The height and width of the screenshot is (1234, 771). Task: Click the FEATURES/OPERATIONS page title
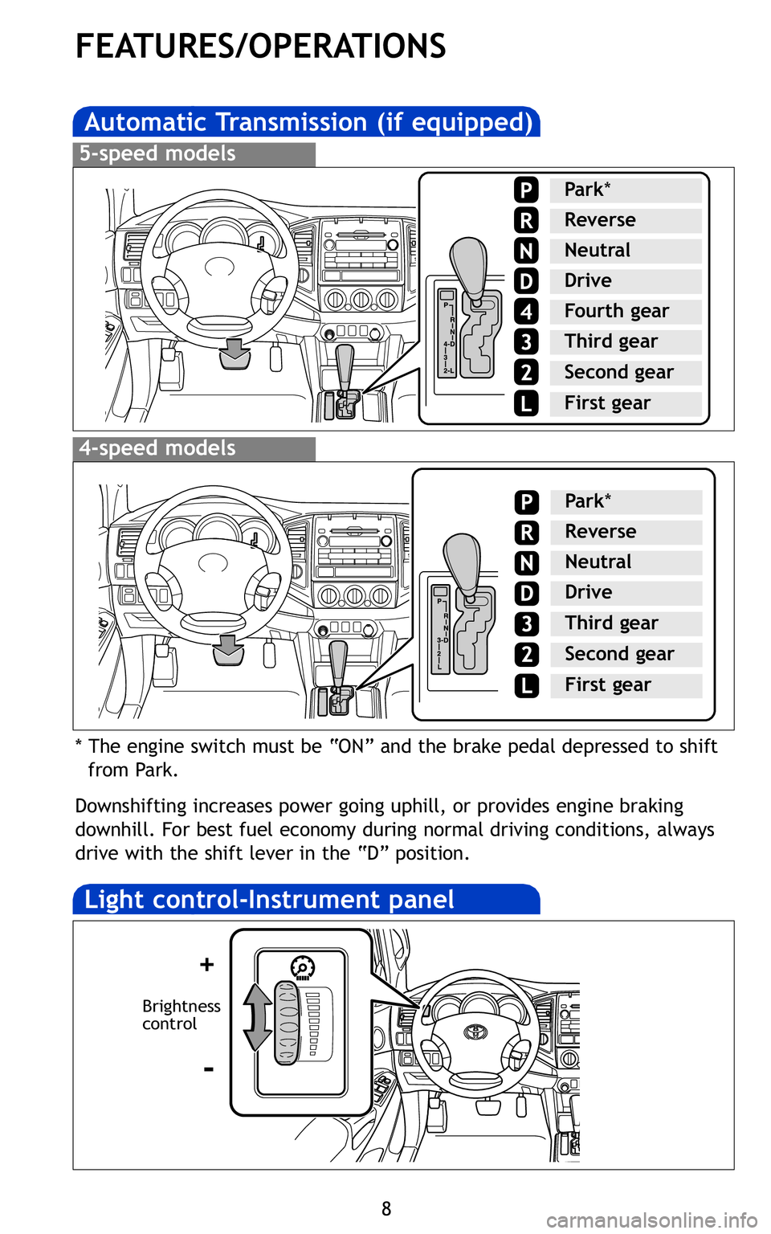(260, 47)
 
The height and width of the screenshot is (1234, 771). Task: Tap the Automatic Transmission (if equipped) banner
(308, 122)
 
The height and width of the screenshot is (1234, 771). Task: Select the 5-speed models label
(157, 153)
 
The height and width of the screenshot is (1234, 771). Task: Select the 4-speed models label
(157, 448)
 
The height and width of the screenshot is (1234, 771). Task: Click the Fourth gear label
(616, 311)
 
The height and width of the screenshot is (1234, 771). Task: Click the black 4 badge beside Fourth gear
(526, 311)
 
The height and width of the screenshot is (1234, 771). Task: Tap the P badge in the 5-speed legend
(526, 190)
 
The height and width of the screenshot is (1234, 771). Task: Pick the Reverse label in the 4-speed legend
(600, 532)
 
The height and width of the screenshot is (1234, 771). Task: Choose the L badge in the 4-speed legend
(526, 685)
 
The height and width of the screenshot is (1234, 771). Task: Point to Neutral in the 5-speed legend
(597, 251)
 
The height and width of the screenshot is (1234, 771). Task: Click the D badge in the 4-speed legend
(526, 594)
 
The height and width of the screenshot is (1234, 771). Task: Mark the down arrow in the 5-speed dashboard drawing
(235, 353)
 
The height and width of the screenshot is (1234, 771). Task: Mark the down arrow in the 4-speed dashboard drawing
(228, 649)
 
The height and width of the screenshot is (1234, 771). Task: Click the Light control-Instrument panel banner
(269, 900)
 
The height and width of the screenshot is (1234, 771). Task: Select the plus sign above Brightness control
(207, 964)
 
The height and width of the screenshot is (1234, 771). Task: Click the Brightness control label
(181, 1015)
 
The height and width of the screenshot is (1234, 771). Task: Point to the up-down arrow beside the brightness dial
(257, 1017)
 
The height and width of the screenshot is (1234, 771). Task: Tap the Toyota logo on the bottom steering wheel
(475, 1031)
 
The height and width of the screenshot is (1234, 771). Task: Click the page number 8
(386, 1209)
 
